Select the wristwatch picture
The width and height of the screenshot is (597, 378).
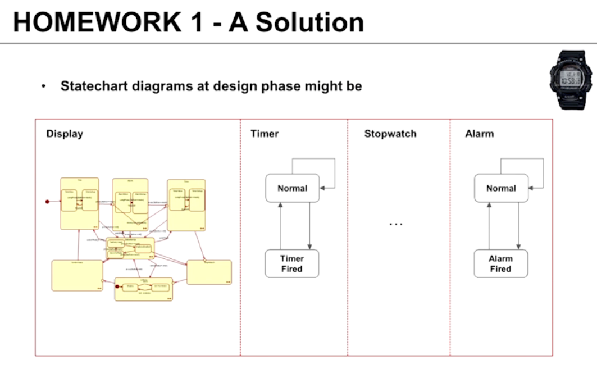572,79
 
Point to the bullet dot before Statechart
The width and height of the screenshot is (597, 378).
43,87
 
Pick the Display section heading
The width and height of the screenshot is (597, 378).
65,134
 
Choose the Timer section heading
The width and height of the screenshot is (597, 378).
265,134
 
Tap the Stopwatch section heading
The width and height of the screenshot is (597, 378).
390,134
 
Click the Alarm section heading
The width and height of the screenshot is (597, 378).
480,134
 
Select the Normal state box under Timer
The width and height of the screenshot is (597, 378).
292,188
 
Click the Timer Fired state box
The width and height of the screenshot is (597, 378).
292,263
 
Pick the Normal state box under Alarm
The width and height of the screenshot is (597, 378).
501,188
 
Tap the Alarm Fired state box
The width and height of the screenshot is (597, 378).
500,263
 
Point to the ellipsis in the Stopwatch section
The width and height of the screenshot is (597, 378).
396,224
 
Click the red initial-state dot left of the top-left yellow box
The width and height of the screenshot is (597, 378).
48,201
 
